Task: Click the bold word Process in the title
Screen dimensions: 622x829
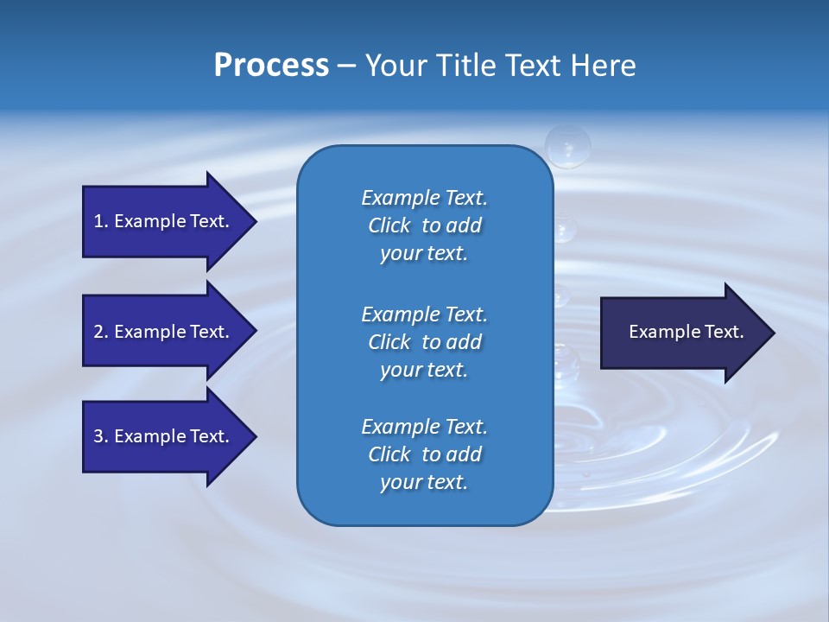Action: pyautogui.click(x=271, y=66)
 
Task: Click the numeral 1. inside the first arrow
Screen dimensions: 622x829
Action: pyautogui.click(x=101, y=221)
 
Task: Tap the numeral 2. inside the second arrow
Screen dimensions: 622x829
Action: pyautogui.click(x=101, y=332)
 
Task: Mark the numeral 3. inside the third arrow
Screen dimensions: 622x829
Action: pyautogui.click(x=101, y=436)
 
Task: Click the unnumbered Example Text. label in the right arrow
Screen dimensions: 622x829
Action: pyautogui.click(x=686, y=332)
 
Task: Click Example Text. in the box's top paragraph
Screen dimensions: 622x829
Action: pyautogui.click(x=424, y=198)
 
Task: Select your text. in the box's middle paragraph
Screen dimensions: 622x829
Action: pyautogui.click(x=424, y=370)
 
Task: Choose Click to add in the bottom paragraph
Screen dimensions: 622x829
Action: pyautogui.click(x=424, y=454)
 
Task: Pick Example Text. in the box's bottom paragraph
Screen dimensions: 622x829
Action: pyautogui.click(x=424, y=427)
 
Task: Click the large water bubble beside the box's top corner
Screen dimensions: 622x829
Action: pyautogui.click(x=567, y=145)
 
